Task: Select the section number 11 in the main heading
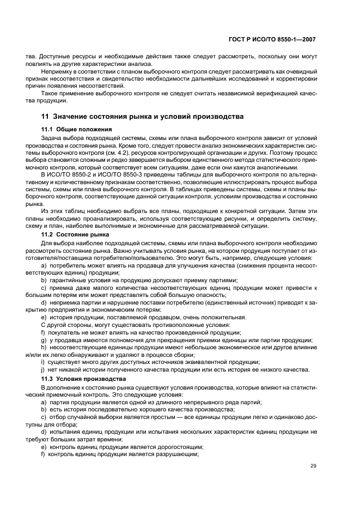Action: pyautogui.click(x=46, y=117)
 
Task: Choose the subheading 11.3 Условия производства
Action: pyautogui.click(x=83, y=378)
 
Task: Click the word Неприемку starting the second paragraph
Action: pyautogui.click(x=58, y=71)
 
